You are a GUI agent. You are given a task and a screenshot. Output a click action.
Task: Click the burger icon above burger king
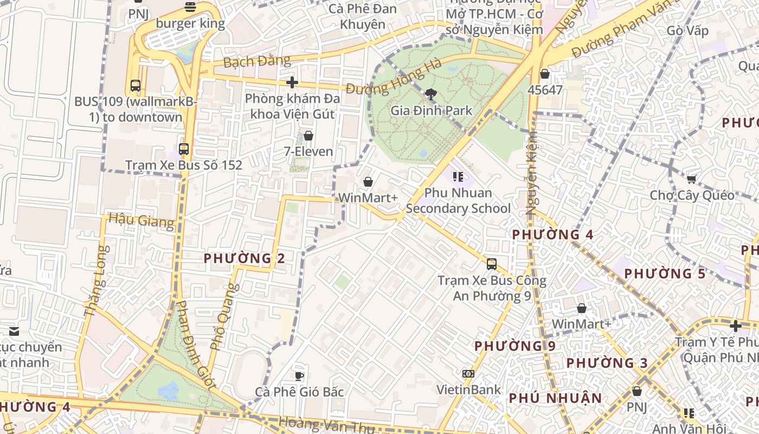[190, 7]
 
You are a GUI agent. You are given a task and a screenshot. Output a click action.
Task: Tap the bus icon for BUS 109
[135, 86]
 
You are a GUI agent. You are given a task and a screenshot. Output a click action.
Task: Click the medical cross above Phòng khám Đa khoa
[292, 82]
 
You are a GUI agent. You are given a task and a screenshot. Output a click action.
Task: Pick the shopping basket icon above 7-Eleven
[308, 136]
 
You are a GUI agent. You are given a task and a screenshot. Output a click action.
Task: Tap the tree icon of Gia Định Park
[431, 95]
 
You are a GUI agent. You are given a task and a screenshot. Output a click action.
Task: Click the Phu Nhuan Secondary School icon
[458, 177]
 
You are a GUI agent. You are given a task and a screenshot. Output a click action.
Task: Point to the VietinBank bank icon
[468, 374]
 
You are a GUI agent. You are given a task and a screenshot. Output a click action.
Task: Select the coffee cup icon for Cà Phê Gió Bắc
[299, 376]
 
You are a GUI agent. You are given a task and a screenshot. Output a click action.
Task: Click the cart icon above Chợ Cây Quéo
[692, 179]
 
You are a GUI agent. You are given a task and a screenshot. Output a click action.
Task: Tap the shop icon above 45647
[545, 74]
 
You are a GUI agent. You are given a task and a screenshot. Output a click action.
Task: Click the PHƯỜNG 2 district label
[244, 258]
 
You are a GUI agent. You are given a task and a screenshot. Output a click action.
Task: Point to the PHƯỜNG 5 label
[665, 273]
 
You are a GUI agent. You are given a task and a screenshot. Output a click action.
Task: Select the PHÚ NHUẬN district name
[555, 398]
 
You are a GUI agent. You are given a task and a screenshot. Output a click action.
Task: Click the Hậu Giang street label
[141, 220]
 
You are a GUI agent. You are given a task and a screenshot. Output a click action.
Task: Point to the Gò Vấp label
[687, 30]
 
